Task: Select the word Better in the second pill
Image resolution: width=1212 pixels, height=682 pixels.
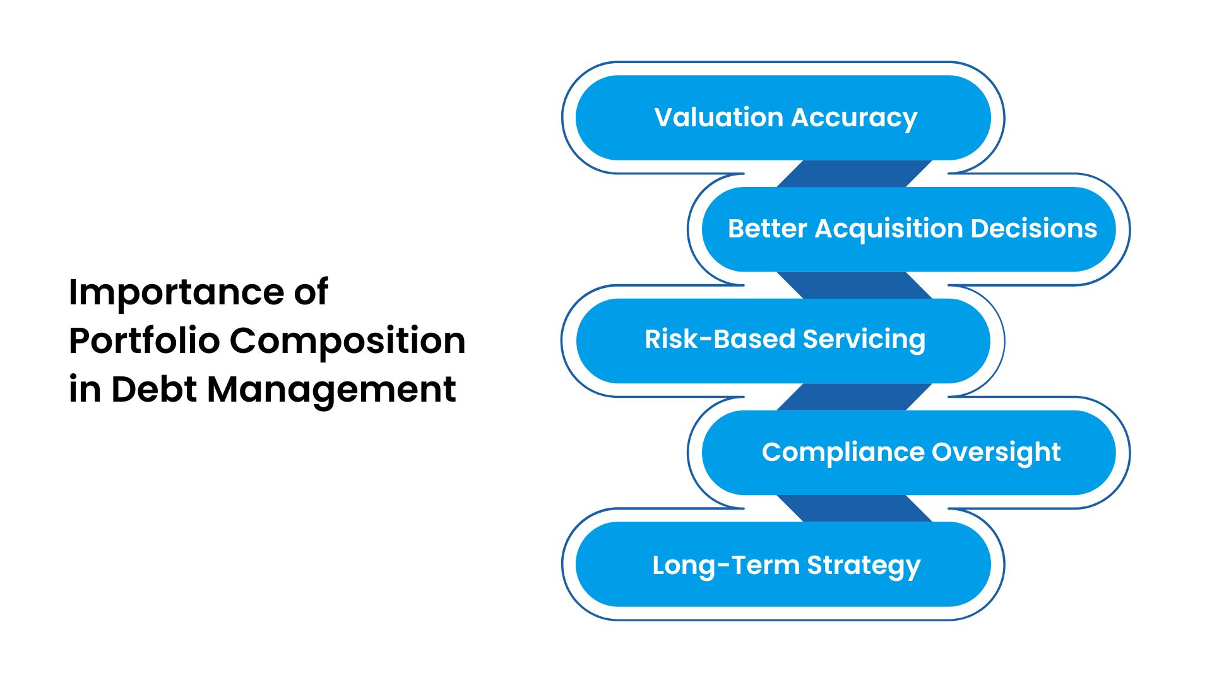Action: [767, 229]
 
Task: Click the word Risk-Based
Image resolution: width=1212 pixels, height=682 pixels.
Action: [720, 339]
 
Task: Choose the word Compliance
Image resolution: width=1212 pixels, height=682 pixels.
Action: [843, 453]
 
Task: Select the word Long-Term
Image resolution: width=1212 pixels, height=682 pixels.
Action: [726, 566]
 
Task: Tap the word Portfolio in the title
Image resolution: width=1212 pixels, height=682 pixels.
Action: [144, 341]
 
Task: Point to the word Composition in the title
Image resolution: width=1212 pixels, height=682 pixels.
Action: [347, 342]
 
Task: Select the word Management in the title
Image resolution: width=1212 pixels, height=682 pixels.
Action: [331, 390]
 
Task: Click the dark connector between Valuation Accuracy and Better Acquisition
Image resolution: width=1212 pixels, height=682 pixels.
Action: [854, 174]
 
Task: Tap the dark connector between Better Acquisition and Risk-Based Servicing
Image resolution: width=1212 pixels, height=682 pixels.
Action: [854, 285]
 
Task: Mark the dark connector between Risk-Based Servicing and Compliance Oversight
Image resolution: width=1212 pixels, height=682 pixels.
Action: [854, 397]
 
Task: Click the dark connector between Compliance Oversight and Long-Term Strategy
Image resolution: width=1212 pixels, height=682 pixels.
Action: [854, 508]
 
